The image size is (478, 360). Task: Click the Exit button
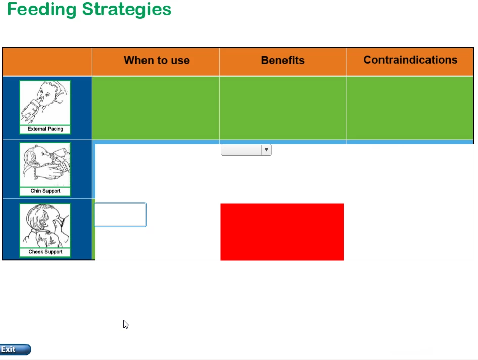[x=15, y=349]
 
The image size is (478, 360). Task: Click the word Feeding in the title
[x=41, y=9]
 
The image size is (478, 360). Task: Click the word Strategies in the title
[x=127, y=10]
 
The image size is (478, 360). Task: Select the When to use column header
[x=157, y=60]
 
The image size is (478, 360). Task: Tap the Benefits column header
[x=282, y=60]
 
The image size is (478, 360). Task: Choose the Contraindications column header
[x=410, y=60]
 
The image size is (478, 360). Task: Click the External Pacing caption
[x=45, y=129]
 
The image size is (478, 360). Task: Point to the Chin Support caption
[x=45, y=191]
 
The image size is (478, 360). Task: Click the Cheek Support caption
[x=45, y=252]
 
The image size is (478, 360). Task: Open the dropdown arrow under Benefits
[x=266, y=150]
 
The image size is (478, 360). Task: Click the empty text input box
[x=120, y=215]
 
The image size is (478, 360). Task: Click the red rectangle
[x=282, y=232]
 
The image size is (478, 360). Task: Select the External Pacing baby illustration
[x=45, y=102]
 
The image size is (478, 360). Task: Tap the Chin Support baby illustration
[x=45, y=165]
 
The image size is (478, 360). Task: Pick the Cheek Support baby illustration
[x=45, y=226]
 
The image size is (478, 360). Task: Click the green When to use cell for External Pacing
[x=156, y=108]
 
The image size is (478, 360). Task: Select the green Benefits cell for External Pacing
[x=282, y=108]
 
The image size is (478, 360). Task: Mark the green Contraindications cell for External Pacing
[x=410, y=108]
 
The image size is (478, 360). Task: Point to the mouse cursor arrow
[x=126, y=324]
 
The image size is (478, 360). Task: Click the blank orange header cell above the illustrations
[x=47, y=62]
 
